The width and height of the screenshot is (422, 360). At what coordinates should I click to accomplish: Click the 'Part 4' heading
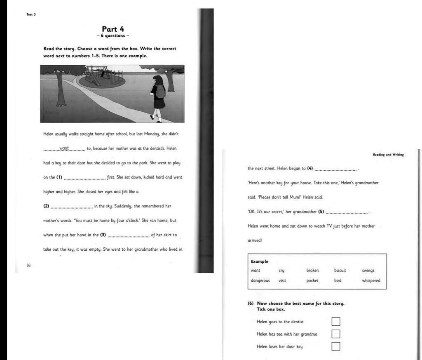(x=113, y=29)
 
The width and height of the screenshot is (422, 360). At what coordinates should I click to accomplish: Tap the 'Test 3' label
(x=31, y=14)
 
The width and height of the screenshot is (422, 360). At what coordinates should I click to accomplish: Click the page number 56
(x=28, y=266)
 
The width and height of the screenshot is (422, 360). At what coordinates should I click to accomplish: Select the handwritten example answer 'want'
(x=64, y=148)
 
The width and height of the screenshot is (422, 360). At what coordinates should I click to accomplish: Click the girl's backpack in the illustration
(x=160, y=92)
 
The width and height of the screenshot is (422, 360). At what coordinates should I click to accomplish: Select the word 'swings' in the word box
(x=368, y=271)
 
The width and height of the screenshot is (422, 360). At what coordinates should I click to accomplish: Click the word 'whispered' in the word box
(x=371, y=281)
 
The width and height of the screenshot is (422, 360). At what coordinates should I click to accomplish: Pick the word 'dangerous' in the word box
(x=260, y=281)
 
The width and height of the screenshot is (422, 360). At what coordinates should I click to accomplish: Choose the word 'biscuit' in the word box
(x=340, y=271)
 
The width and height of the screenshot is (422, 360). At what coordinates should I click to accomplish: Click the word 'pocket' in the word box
(x=312, y=281)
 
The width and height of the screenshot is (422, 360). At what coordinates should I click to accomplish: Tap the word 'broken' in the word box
(x=312, y=271)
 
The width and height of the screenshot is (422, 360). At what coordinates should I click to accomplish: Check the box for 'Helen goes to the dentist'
(x=336, y=322)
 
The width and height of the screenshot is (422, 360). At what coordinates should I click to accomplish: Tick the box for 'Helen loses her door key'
(x=336, y=346)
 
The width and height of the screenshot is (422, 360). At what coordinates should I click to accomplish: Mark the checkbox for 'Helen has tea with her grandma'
(x=336, y=334)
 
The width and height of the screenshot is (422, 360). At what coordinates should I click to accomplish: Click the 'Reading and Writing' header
(x=388, y=155)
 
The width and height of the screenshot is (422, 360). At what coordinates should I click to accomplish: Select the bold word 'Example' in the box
(x=260, y=261)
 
